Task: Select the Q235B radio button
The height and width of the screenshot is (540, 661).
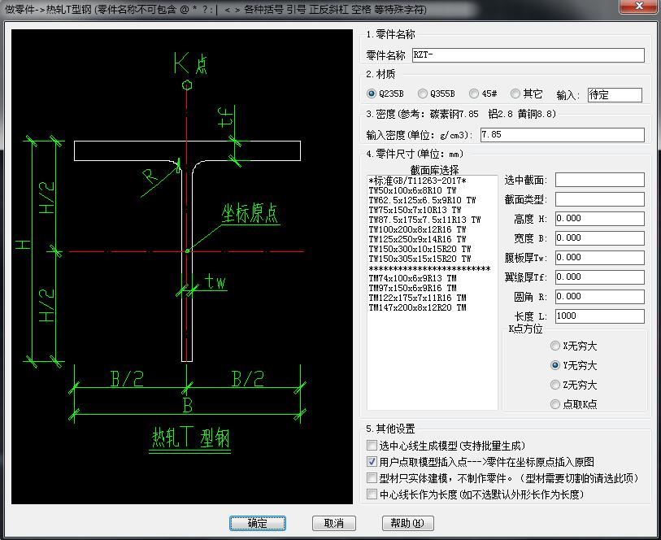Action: click(x=372, y=94)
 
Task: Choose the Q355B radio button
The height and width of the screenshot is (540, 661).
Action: click(x=423, y=94)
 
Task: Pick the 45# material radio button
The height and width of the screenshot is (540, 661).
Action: click(x=474, y=94)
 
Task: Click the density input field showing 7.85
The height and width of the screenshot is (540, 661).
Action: click(x=562, y=134)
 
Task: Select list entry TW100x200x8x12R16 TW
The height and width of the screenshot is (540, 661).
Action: click(x=417, y=229)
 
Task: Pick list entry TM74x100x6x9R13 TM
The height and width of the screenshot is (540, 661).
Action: click(x=412, y=278)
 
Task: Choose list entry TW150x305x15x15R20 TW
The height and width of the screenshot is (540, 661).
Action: click(x=420, y=259)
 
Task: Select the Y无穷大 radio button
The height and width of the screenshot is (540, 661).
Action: click(x=555, y=366)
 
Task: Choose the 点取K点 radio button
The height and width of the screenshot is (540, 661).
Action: click(x=555, y=404)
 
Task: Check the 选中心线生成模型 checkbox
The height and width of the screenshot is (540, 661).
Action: click(x=372, y=446)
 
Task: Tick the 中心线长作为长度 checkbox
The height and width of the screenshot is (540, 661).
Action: click(x=372, y=494)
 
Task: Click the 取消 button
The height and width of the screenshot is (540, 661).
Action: click(x=333, y=523)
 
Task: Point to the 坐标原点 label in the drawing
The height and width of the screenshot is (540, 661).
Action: click(x=250, y=214)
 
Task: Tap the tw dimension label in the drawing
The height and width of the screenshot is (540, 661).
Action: click(x=215, y=282)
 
